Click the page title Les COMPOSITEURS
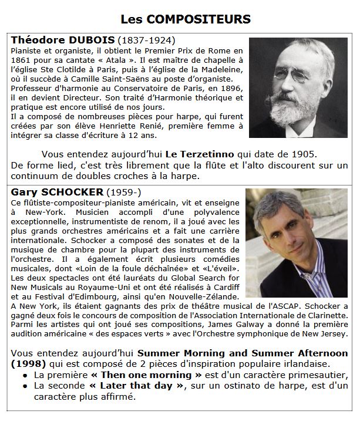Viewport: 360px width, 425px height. (186, 19)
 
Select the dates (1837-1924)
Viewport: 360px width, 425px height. (147, 41)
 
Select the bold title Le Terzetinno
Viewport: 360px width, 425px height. (200, 154)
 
